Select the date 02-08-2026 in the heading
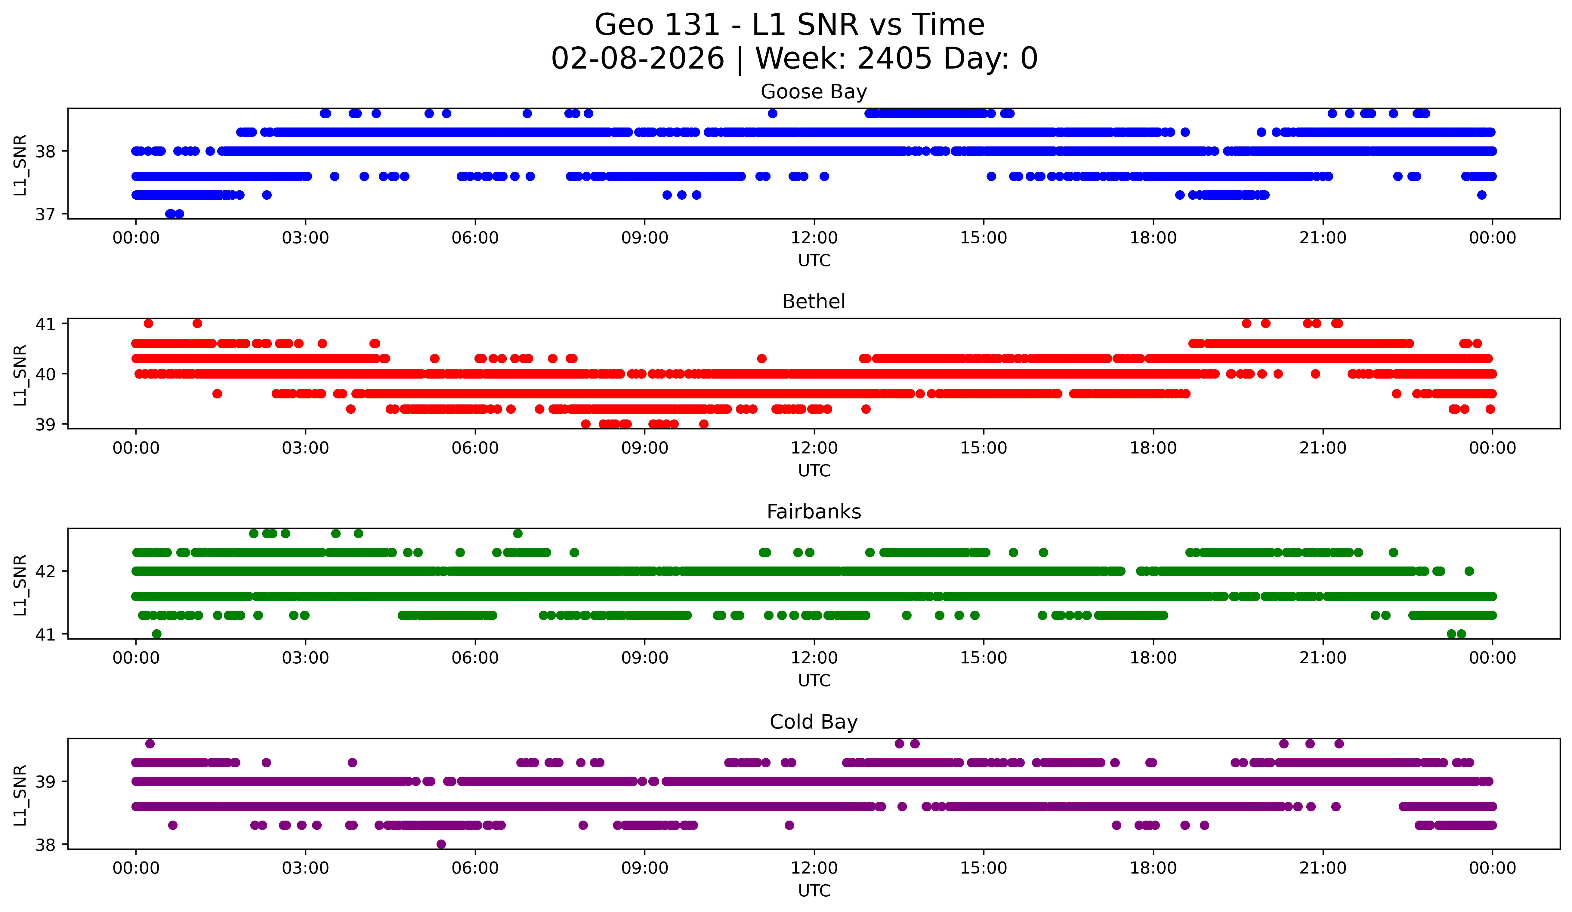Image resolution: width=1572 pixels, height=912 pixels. [x=638, y=59]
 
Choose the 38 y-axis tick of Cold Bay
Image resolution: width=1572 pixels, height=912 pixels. [x=45, y=845]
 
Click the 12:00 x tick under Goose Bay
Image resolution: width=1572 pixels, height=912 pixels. [x=814, y=238]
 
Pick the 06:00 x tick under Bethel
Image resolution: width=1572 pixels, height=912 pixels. [x=475, y=448]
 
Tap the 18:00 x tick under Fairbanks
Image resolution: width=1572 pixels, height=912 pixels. [x=1153, y=658]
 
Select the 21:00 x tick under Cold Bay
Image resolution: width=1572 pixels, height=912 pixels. [x=1323, y=868]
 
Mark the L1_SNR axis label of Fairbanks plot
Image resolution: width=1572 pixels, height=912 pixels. [x=20, y=585]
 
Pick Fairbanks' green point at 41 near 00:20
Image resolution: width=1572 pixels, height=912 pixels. [x=156, y=634]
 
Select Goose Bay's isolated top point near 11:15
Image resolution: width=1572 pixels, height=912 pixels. [x=772, y=113]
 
